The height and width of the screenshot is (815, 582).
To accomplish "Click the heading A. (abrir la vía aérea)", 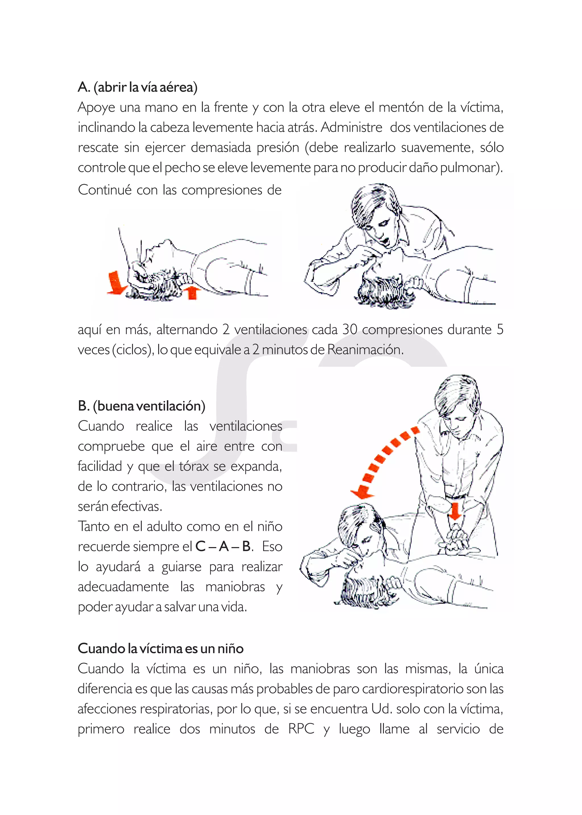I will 137,87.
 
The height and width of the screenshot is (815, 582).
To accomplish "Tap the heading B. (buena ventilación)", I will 142,406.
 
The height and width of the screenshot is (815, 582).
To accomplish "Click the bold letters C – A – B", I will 223,546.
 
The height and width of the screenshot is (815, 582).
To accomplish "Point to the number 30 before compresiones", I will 350,329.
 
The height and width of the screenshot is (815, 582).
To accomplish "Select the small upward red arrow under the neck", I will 192,292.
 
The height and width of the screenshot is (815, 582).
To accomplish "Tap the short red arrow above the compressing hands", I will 454,511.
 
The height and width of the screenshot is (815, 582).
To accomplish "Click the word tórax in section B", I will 194,466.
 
